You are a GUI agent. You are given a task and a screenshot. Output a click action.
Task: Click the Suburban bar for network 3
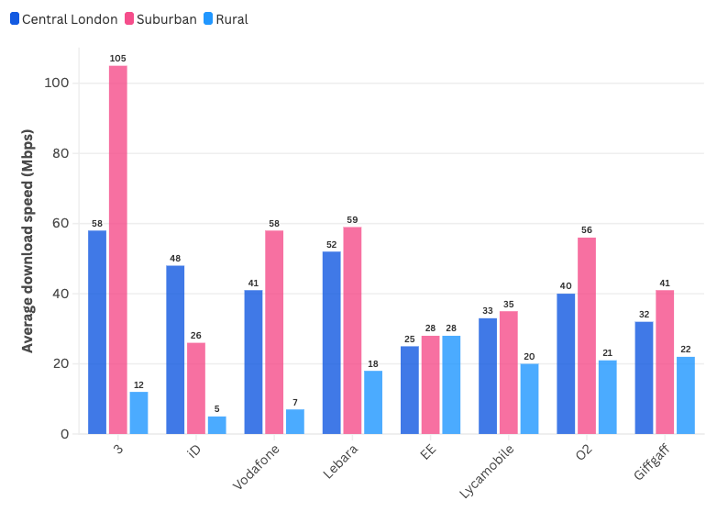pyautogui.click(x=118, y=250)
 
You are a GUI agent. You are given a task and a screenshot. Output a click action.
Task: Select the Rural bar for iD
pyautogui.click(x=216, y=425)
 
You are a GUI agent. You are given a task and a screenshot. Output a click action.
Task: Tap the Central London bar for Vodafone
pyautogui.click(x=253, y=362)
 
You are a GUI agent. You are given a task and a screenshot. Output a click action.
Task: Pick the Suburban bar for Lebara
pyautogui.click(x=352, y=330)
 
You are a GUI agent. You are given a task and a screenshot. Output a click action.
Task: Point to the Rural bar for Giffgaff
pyautogui.click(x=686, y=395)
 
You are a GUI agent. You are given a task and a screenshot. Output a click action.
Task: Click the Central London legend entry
pyautogui.click(x=63, y=18)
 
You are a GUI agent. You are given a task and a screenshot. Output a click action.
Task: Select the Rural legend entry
pyautogui.click(x=225, y=18)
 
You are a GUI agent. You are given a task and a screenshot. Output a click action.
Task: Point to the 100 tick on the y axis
pyautogui.click(x=58, y=83)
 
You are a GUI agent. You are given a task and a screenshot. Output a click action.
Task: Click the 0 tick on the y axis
pyautogui.click(x=64, y=434)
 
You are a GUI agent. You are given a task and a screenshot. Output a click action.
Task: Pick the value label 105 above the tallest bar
pyautogui.click(x=118, y=59)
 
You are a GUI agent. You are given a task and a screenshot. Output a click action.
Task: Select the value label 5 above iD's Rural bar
pyautogui.click(x=216, y=409)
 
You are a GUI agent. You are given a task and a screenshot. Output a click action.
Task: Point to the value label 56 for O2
pyautogui.click(x=587, y=230)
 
